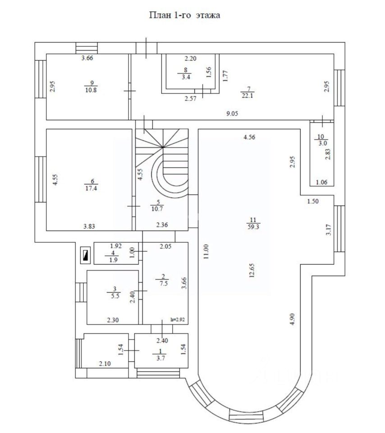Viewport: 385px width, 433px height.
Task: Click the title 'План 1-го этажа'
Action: [x=184, y=15]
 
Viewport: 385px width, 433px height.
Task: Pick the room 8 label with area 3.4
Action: [x=185, y=74]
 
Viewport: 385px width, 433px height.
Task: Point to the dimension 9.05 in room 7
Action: [x=232, y=114]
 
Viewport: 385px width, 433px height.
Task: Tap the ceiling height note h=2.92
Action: [x=178, y=319]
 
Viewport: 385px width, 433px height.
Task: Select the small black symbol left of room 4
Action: [x=85, y=256]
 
